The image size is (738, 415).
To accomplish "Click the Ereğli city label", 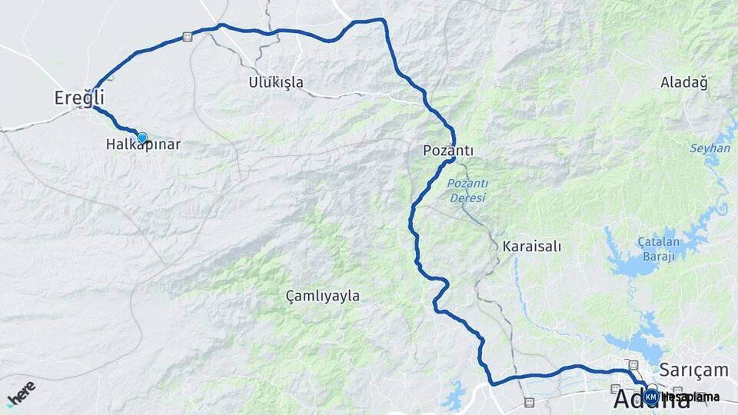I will click(78, 98).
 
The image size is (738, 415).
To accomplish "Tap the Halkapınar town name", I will click(144, 144).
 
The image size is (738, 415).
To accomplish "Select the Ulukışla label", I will click(276, 82).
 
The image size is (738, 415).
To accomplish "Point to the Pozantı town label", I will click(447, 151).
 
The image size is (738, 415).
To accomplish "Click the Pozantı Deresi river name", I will click(467, 191).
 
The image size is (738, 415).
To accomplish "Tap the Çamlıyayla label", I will click(322, 296).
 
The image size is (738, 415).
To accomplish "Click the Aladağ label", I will click(683, 82).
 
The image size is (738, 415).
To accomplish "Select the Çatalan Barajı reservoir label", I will click(657, 249).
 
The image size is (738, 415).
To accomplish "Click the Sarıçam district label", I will click(694, 370).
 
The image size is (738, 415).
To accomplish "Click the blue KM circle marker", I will click(651, 397).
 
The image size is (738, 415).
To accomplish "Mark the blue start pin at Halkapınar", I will click(142, 137).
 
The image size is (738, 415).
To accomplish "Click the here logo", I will click(22, 393).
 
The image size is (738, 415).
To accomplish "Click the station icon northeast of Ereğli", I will click(188, 36).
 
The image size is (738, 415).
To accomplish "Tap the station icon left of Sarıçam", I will click(633, 364).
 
